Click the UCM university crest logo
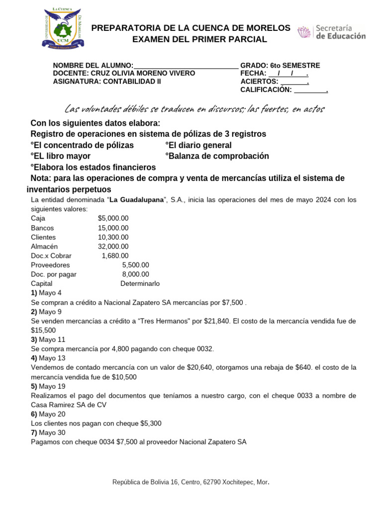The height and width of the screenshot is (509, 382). click(x=63, y=29)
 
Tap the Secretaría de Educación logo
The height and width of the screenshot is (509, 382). click(x=331, y=32)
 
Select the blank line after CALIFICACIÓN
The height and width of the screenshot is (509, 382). click(x=310, y=90)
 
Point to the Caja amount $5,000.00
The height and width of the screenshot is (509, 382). click(x=113, y=218)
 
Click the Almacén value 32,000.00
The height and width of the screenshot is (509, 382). click(x=113, y=247)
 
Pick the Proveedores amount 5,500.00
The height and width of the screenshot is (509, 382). click(x=135, y=265)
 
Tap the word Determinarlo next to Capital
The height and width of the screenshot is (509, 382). click(x=140, y=284)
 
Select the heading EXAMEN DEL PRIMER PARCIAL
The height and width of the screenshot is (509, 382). click(x=199, y=40)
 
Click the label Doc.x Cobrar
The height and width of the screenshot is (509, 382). click(x=51, y=256)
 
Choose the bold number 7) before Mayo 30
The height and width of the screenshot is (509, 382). click(x=34, y=433)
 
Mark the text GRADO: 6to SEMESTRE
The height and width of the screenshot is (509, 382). click(x=280, y=66)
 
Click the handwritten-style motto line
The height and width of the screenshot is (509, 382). click(x=194, y=108)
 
